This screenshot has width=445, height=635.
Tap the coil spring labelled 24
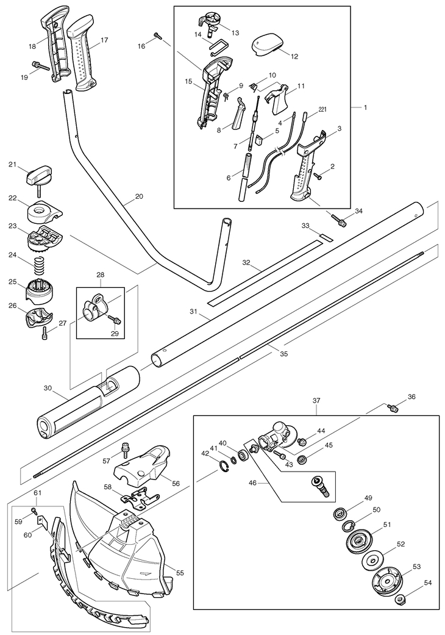40,266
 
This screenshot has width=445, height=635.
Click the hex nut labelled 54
400,600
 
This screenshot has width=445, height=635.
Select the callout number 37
316,401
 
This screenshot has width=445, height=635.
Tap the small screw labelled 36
393,407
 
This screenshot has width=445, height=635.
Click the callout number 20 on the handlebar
139,197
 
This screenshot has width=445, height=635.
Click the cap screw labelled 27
44,333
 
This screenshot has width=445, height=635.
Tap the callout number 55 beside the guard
180,573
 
